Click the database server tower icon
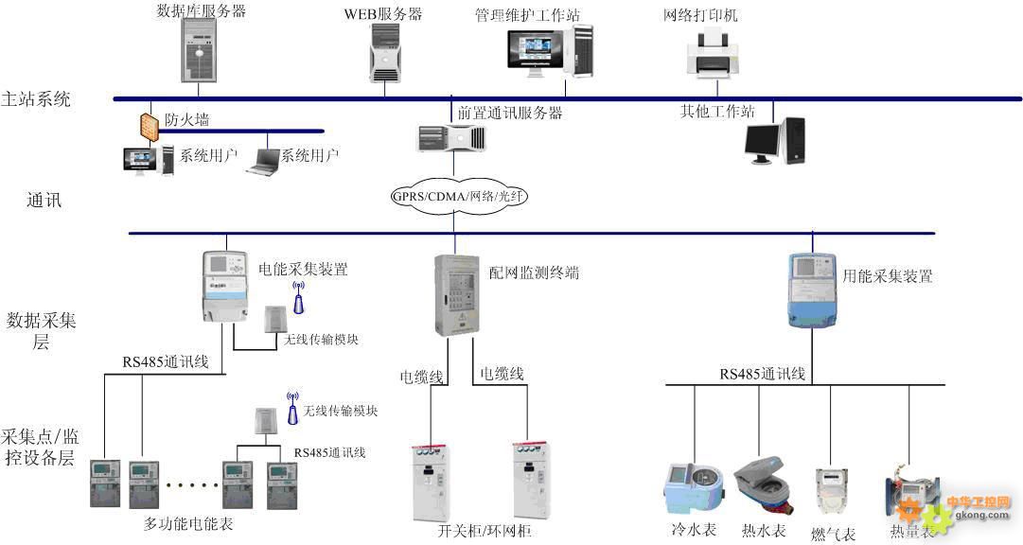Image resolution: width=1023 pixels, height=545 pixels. (199, 51)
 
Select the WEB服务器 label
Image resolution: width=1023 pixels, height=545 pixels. (383, 14)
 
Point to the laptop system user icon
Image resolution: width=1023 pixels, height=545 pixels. (262, 162)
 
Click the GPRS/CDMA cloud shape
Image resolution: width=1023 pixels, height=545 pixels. (459, 197)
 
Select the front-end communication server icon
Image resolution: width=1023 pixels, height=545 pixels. (451, 139)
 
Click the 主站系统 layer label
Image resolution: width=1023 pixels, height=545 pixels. (37, 98)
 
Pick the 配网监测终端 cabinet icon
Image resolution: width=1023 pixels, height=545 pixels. (453, 294)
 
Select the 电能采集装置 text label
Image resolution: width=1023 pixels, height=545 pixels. (303, 269)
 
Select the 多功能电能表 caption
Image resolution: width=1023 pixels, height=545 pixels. (188, 522)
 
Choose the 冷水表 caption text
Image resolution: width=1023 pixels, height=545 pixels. (693, 531)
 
